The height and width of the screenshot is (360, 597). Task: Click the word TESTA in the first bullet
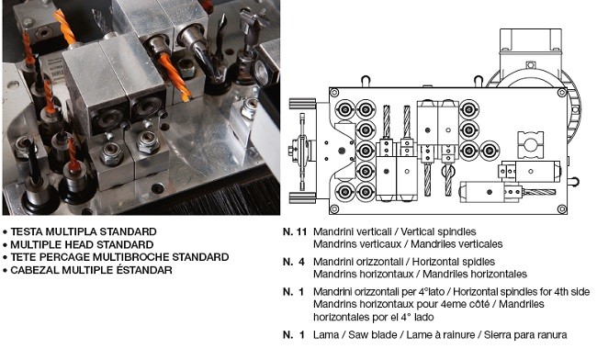click(27, 231)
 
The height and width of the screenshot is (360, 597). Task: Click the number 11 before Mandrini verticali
click(300, 231)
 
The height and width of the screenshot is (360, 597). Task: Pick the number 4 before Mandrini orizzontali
click(301, 262)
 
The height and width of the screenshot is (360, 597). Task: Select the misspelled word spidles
click(479, 262)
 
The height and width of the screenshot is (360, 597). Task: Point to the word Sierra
click(498, 335)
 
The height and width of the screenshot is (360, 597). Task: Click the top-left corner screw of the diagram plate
click(334, 93)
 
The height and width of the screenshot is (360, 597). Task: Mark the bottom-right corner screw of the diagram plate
click(561, 208)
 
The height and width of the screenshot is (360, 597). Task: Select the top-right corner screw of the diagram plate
click(561, 93)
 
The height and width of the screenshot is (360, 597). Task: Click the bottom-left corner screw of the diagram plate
click(334, 208)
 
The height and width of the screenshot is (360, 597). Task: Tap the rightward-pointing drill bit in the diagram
click(539, 192)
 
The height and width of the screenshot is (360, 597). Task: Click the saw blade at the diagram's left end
click(302, 152)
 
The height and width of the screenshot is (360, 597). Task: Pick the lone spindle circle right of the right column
click(490, 151)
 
